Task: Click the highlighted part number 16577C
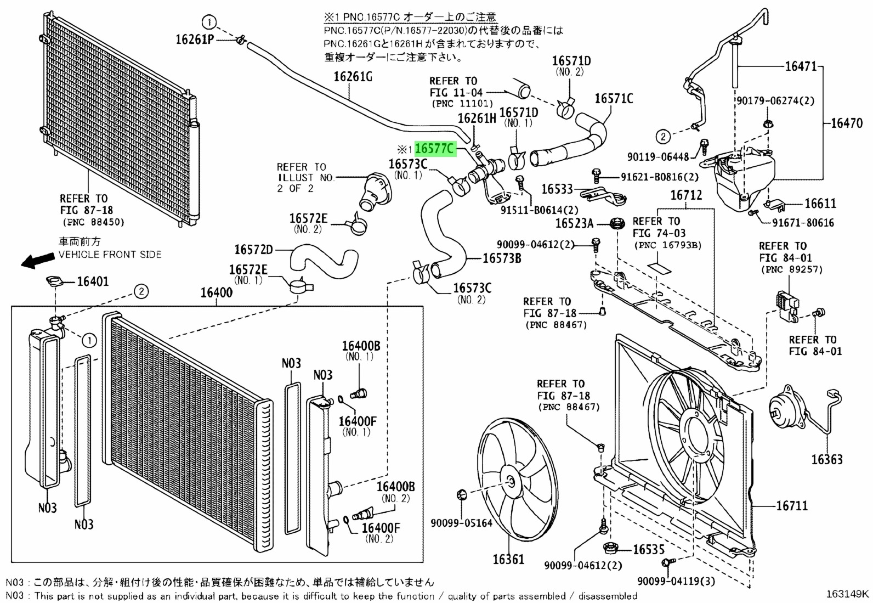tap(435, 149)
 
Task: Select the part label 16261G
tap(353, 76)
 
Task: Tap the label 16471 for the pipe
tap(801, 66)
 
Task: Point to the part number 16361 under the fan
tap(508, 559)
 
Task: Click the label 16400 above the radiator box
tap(216, 292)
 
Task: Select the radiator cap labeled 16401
tap(54, 282)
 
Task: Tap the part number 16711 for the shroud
tap(792, 505)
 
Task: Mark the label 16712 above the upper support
tap(686, 195)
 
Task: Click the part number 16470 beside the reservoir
tap(847, 123)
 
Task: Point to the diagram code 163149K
tap(847, 593)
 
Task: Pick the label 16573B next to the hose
tap(501, 257)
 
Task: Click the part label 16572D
tap(253, 250)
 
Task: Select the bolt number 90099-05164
tap(461, 523)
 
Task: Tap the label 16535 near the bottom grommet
tap(648, 549)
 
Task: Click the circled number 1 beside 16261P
tap(209, 22)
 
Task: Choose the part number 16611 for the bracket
tap(820, 204)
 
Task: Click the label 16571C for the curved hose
tap(614, 99)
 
